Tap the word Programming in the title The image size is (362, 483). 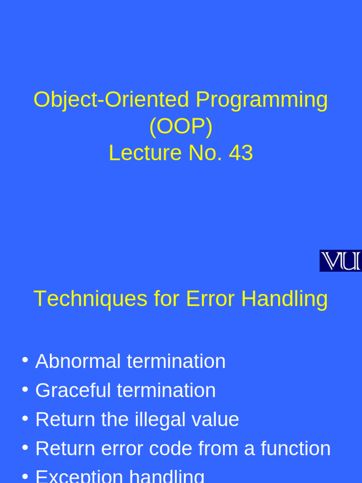(x=262, y=100)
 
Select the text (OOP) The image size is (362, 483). (x=181, y=126)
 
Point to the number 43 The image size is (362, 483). (x=241, y=153)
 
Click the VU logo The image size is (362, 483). (x=340, y=261)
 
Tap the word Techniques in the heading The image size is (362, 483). (x=90, y=299)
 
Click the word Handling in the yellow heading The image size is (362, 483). (x=281, y=299)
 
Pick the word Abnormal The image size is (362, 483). (x=78, y=361)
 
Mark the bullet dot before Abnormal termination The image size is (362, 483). (x=25, y=360)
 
